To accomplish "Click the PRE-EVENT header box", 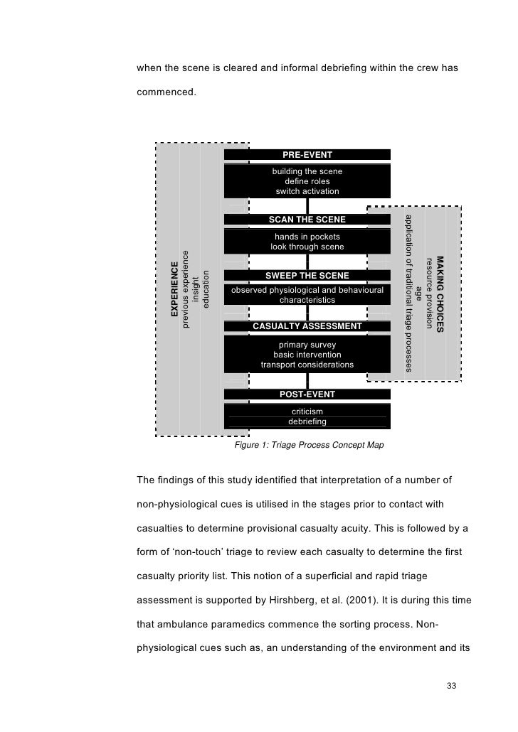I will [307, 154].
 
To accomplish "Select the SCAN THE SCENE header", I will [307, 219].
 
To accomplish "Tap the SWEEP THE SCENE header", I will [307, 275].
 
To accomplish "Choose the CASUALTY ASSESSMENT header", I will [307, 326].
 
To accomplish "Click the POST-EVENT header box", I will [307, 394].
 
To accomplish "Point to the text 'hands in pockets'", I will [307, 237].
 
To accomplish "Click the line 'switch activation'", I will [307, 192].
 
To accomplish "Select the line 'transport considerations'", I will [307, 365].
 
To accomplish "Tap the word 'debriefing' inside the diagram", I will [307, 421].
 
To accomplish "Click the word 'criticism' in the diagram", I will [307, 411].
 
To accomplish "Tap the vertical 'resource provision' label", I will [428, 291].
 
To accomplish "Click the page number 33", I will [450, 686].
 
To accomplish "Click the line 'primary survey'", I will [307, 345].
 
